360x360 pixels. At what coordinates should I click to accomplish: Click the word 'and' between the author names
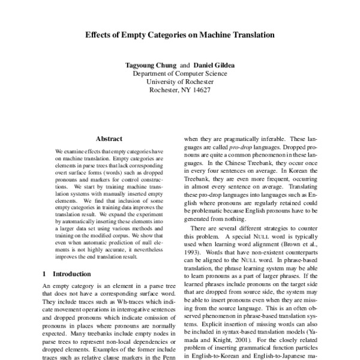[185, 64]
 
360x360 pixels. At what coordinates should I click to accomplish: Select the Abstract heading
[109, 138]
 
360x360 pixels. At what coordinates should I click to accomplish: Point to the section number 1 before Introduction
[45, 274]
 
